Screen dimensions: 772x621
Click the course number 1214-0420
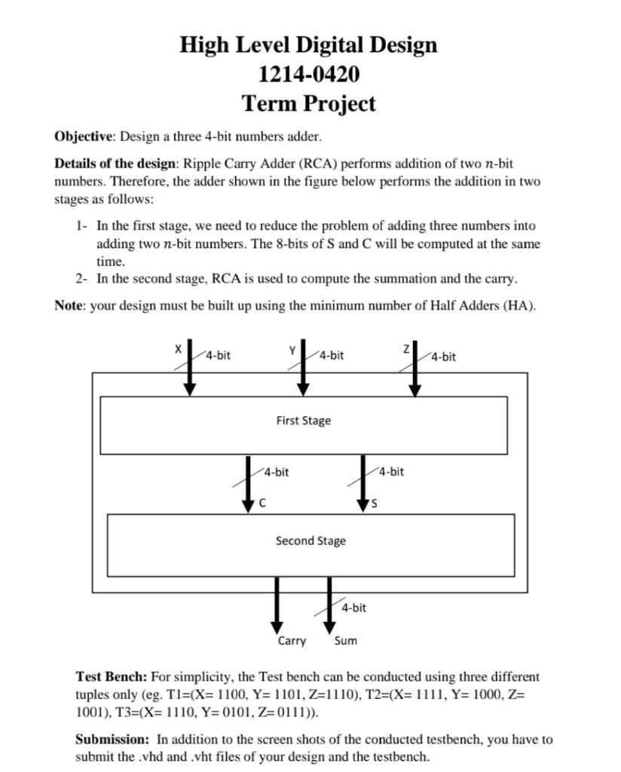(x=308, y=74)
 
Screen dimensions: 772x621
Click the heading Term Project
(x=308, y=103)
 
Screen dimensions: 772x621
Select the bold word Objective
(x=83, y=136)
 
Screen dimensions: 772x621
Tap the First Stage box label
(x=303, y=421)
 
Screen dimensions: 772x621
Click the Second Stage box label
(x=310, y=541)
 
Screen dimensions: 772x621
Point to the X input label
(x=178, y=349)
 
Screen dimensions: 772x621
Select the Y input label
(x=292, y=349)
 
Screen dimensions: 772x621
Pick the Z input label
(x=405, y=349)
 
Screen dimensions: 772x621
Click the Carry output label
(x=292, y=641)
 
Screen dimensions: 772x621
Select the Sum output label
(x=345, y=641)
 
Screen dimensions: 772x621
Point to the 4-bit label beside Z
(x=443, y=357)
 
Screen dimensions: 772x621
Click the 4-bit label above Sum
(x=353, y=607)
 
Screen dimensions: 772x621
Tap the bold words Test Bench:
(x=112, y=677)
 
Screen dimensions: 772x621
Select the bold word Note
(x=69, y=306)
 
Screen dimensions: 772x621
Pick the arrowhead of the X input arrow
(x=190, y=388)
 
